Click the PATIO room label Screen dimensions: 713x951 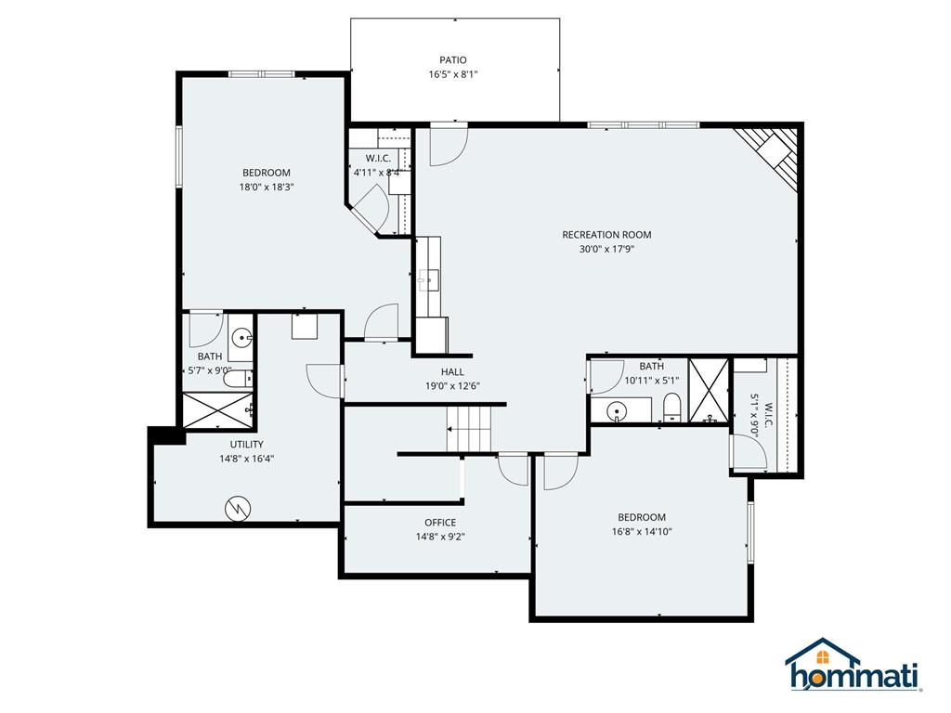453,60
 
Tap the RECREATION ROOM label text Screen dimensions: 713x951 606,235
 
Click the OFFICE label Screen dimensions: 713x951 439,523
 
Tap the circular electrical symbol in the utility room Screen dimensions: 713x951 239,507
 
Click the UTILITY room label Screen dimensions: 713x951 246,444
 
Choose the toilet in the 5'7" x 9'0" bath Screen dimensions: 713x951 239,378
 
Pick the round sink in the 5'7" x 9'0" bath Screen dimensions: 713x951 241,338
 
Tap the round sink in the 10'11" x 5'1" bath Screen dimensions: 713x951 616,410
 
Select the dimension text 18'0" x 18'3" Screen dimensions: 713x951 267,187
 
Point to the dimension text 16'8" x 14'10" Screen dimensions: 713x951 642,532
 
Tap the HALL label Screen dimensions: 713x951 452,371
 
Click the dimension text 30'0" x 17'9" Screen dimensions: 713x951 606,249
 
